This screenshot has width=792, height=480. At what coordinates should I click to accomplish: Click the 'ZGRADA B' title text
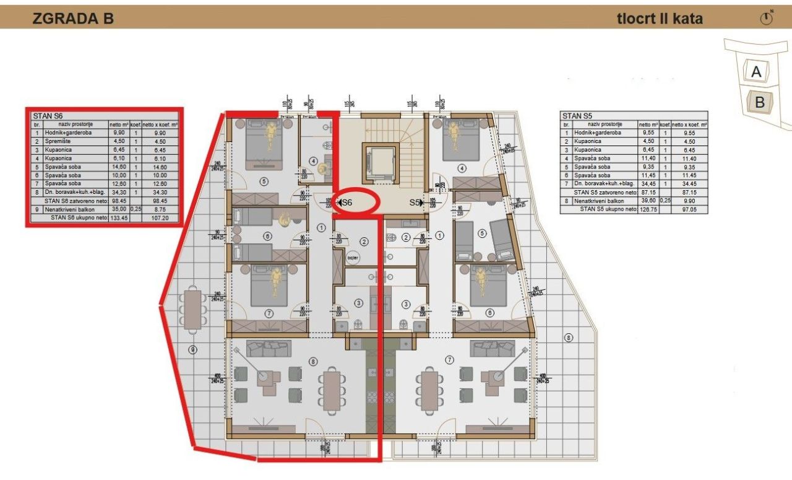click(73, 19)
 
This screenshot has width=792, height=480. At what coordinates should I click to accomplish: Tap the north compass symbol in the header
click(767, 18)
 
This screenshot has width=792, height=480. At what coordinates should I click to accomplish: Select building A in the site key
click(755, 72)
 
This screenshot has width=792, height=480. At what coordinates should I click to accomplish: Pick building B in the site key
click(759, 103)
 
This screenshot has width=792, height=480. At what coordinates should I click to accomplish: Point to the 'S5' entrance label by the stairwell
click(415, 203)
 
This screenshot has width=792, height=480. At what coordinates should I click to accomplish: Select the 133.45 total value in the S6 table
click(119, 218)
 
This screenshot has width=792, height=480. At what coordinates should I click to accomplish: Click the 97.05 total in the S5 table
click(689, 209)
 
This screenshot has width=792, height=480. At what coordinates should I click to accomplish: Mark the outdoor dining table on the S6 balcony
click(194, 308)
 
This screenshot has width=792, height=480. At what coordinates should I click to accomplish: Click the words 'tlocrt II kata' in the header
click(660, 19)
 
